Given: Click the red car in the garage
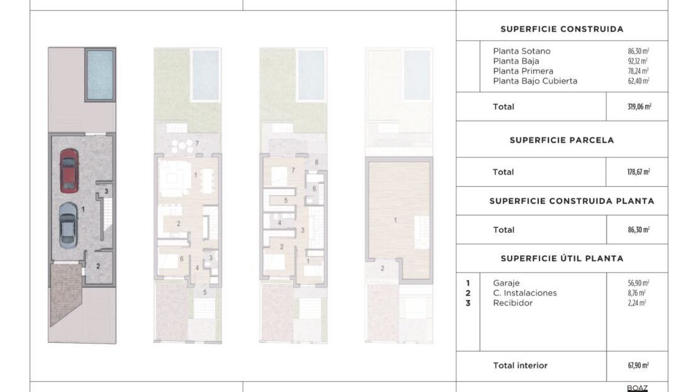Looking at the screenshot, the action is pyautogui.click(x=69, y=171).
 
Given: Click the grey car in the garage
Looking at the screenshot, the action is pyautogui.click(x=68, y=225).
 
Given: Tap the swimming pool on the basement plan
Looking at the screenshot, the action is pyautogui.click(x=100, y=75).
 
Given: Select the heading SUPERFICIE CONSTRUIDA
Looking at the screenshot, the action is pyautogui.click(x=562, y=29).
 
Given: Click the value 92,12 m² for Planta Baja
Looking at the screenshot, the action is pyautogui.click(x=638, y=61).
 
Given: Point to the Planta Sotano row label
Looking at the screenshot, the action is pyautogui.click(x=522, y=51).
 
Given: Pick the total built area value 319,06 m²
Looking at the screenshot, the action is pyautogui.click(x=640, y=106).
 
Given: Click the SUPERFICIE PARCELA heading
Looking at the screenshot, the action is pyautogui.click(x=562, y=140).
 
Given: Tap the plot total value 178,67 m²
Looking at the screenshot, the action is pyautogui.click(x=638, y=172).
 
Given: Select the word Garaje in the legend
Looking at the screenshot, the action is pyautogui.click(x=506, y=283).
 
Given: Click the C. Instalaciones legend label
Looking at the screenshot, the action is pyautogui.click(x=525, y=293).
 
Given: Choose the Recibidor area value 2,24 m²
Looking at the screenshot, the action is pyautogui.click(x=636, y=303).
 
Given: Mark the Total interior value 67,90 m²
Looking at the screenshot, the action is pyautogui.click(x=638, y=366).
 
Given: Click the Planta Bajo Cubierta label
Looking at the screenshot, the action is pyautogui.click(x=535, y=81).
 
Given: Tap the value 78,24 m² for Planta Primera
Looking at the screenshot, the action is pyautogui.click(x=638, y=71).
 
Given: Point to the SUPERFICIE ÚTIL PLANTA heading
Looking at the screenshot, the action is pyautogui.click(x=562, y=259).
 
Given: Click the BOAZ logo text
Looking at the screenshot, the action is pyautogui.click(x=637, y=388).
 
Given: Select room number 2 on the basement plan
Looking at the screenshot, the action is pyautogui.click(x=98, y=266).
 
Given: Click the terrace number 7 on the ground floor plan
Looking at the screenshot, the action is pyautogui.click(x=197, y=143).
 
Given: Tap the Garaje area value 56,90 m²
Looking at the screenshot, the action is pyautogui.click(x=638, y=283).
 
